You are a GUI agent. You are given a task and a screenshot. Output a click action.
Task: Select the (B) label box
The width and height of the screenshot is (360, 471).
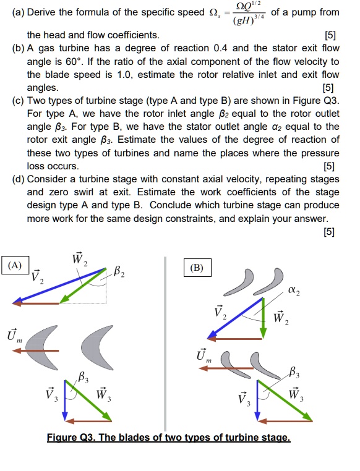pyautogui.click(x=197, y=268)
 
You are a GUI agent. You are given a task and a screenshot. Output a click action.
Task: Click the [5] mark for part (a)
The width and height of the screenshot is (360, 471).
pyautogui.click(x=330, y=35)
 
